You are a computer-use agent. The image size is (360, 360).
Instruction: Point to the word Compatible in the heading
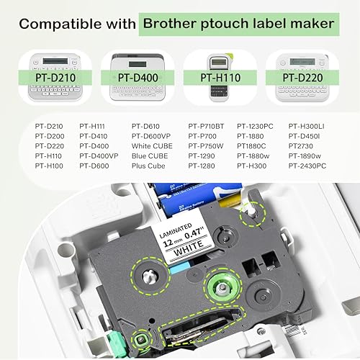point(53,24)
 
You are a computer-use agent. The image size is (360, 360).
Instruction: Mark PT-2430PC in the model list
point(310,166)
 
